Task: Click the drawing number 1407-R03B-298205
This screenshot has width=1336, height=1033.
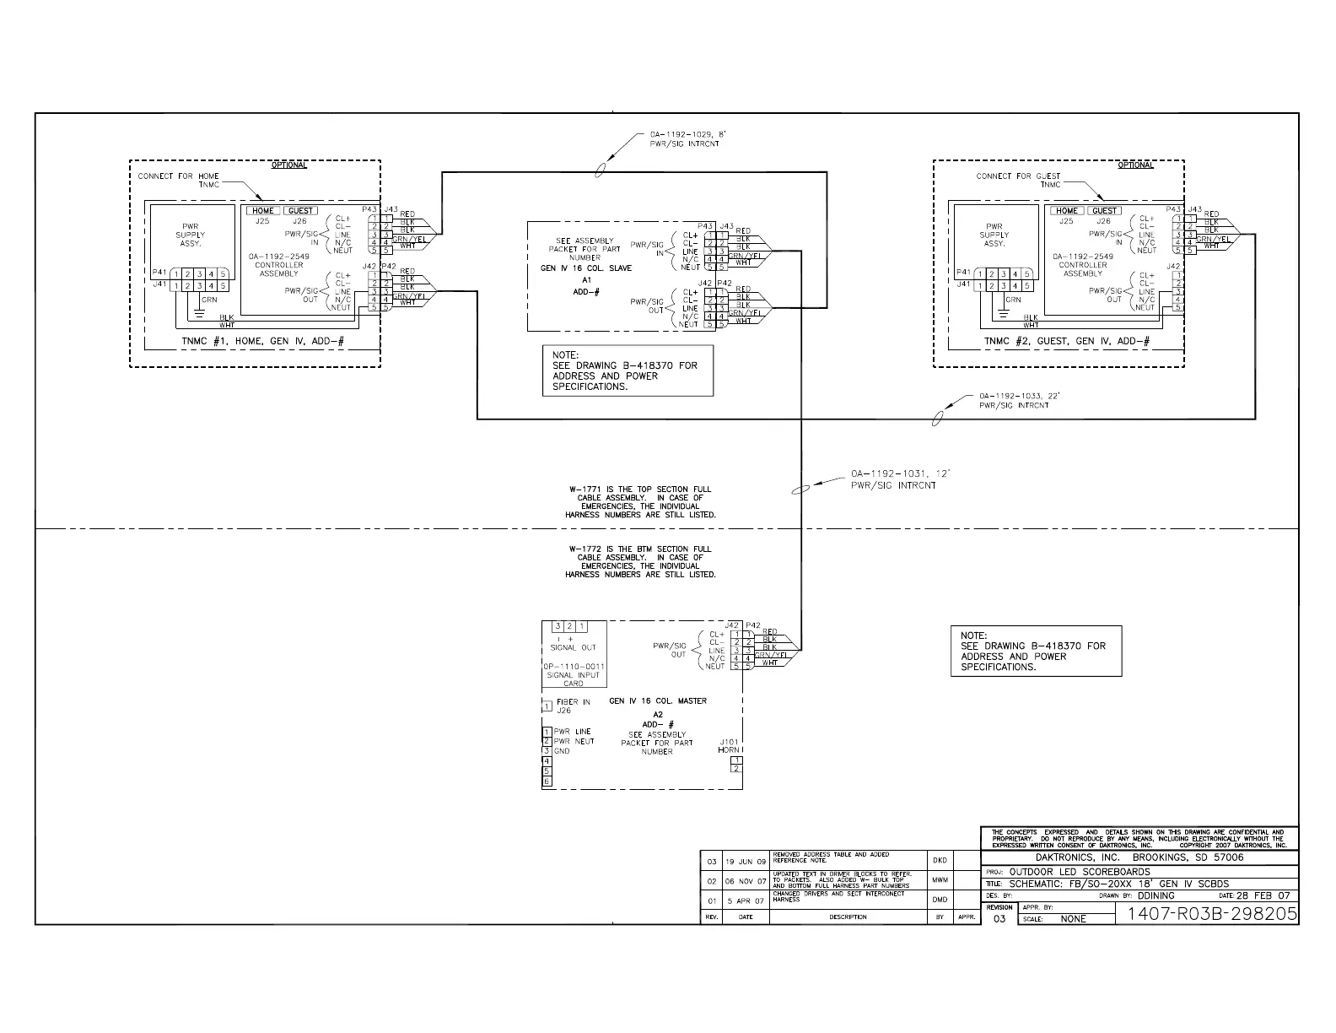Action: (x=1206, y=914)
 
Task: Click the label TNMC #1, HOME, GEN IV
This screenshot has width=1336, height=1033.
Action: (x=263, y=341)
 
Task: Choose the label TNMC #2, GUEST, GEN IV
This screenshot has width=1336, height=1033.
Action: (x=1066, y=341)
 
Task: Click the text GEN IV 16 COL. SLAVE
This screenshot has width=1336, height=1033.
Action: (x=586, y=268)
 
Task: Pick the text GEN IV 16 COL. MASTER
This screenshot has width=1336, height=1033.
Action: (x=658, y=701)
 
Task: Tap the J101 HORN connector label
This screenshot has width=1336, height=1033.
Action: (x=729, y=746)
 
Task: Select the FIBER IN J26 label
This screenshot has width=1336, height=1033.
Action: (x=573, y=706)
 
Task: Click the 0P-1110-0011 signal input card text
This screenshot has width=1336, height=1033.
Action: (x=573, y=675)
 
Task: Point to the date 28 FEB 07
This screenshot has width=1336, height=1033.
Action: (x=1263, y=895)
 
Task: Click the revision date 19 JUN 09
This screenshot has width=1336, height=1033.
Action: (x=746, y=862)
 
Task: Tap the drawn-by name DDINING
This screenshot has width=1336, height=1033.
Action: (x=1156, y=895)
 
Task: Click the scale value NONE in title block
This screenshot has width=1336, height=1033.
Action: (x=1073, y=919)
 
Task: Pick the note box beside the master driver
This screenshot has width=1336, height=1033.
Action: (x=1037, y=651)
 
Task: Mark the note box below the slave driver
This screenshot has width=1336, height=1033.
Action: (x=627, y=370)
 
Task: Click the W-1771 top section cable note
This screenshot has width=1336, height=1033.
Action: (x=640, y=501)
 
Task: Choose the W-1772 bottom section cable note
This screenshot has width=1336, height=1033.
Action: (x=640, y=561)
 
